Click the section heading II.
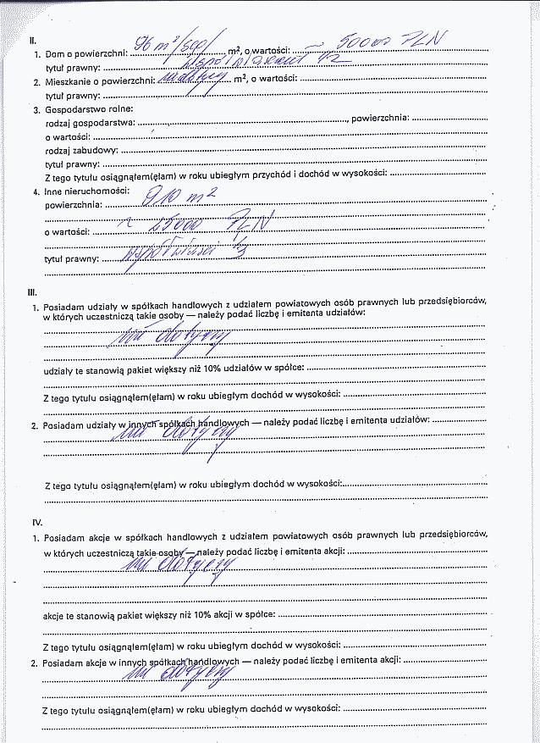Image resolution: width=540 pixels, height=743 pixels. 31,40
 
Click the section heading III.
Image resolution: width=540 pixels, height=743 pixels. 32,290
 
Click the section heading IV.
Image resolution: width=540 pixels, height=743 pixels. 36,523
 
